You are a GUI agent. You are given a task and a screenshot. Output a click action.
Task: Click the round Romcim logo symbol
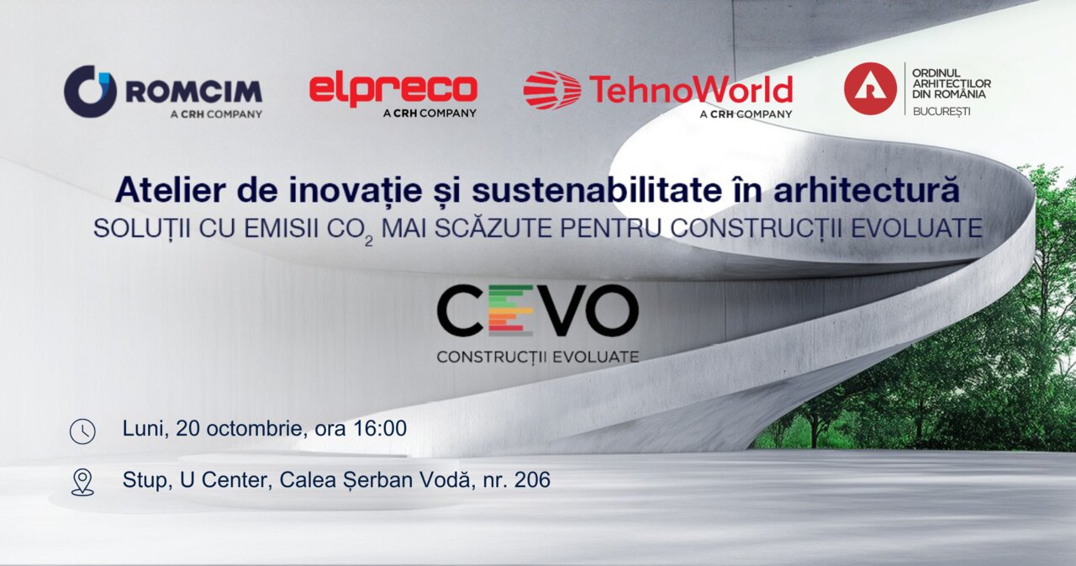point(90,92)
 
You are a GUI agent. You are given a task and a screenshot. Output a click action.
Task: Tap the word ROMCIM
point(193,92)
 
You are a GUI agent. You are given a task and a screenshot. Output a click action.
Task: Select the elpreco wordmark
point(393,90)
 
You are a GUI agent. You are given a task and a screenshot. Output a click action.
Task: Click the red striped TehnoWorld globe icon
point(552,90)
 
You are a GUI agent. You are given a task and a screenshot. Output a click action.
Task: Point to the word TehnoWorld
point(691,89)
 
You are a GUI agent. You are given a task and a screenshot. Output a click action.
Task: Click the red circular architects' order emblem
point(870,88)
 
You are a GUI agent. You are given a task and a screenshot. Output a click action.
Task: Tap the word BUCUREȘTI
point(941,112)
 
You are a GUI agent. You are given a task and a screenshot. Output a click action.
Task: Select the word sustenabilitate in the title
point(597,190)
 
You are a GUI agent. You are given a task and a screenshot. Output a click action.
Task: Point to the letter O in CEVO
point(610,310)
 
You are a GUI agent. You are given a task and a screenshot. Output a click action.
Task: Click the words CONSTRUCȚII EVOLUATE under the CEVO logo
point(538,357)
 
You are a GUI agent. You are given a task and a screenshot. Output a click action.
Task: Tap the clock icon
point(82,431)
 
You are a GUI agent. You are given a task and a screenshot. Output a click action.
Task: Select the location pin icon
point(82,482)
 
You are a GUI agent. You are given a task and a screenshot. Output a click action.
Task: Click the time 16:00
point(379,428)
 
